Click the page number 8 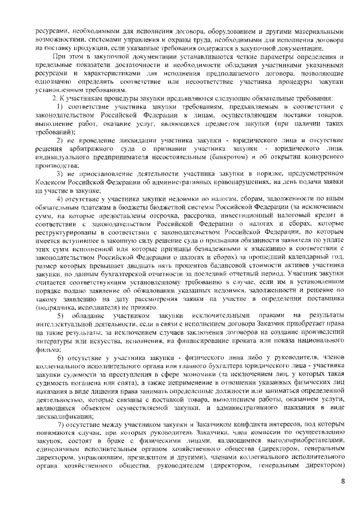pos(344,481)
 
